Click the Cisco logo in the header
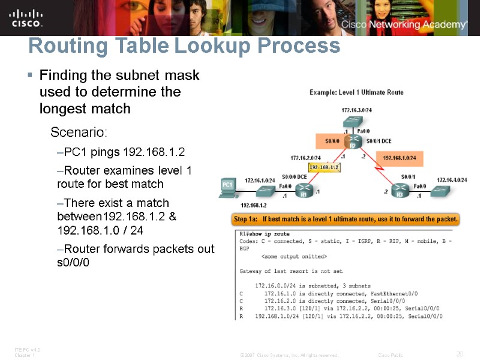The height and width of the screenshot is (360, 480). tap(26, 17)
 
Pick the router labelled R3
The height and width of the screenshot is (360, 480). tap(400, 193)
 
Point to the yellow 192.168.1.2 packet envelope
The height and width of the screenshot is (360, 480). tap(324, 168)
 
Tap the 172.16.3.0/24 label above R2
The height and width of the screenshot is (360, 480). tap(356, 110)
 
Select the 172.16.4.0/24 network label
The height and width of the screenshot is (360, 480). tap(451, 179)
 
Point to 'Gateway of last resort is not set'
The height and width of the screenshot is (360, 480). tap(291, 271)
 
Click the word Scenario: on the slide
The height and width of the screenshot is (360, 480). tap(79, 132)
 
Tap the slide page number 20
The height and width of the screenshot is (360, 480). tap(460, 354)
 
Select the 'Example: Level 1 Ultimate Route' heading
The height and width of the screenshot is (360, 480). tap(356, 92)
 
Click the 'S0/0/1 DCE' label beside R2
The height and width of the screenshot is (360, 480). tap(378, 140)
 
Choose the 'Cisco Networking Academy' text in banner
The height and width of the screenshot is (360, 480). tap(404, 25)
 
